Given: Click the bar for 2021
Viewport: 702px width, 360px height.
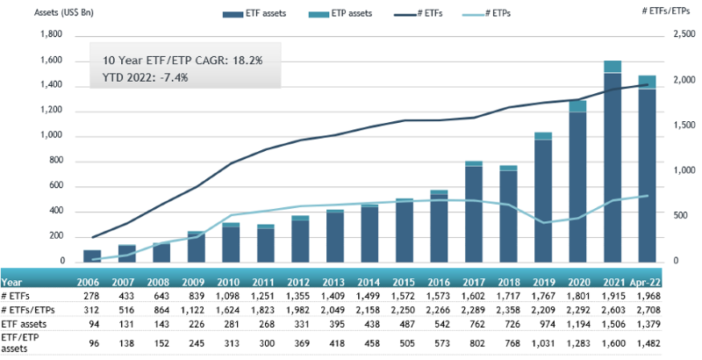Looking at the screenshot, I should [x=612, y=167].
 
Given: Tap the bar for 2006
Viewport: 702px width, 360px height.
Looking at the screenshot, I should [x=92, y=256].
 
